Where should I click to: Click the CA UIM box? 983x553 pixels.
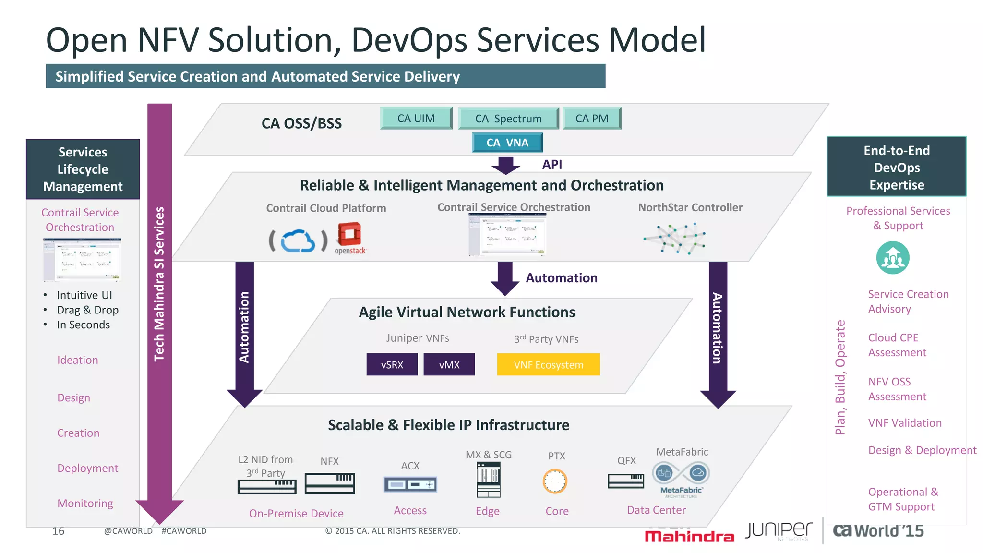click(x=416, y=118)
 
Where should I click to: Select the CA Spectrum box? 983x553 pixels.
click(x=508, y=119)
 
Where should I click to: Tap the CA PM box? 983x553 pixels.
click(x=592, y=118)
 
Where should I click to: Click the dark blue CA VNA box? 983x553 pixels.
click(x=507, y=143)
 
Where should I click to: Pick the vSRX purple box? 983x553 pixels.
click(x=392, y=364)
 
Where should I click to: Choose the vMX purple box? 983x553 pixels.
click(x=449, y=364)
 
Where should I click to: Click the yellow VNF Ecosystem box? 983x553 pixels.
click(x=548, y=364)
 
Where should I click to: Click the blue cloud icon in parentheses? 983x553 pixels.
click(x=298, y=241)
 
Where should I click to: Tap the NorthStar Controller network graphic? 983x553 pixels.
click(x=675, y=238)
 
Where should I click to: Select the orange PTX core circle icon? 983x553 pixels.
click(x=555, y=481)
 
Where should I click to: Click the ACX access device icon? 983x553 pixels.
click(x=410, y=484)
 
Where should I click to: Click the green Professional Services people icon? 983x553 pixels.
click(x=893, y=258)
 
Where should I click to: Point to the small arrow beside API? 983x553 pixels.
click(x=505, y=166)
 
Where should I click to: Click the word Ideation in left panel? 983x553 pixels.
click(x=78, y=360)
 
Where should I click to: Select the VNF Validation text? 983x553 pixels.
click(x=905, y=423)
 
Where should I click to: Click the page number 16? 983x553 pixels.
click(x=59, y=531)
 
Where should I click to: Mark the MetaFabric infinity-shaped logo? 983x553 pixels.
click(x=681, y=473)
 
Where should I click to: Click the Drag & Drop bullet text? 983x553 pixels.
click(x=87, y=310)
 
